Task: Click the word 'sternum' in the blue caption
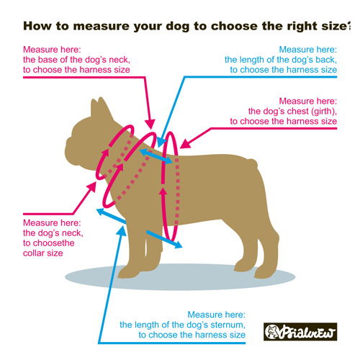coord(227,325)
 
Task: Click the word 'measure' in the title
coord(101,26)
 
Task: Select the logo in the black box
coord(300,332)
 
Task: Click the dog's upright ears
coord(101,107)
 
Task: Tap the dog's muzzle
coord(72,150)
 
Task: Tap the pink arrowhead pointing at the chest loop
coord(185,143)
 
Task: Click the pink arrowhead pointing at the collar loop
coord(91,186)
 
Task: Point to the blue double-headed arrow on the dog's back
coord(156,156)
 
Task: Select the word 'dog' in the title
coord(177,27)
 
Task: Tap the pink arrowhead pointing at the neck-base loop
coord(150,124)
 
